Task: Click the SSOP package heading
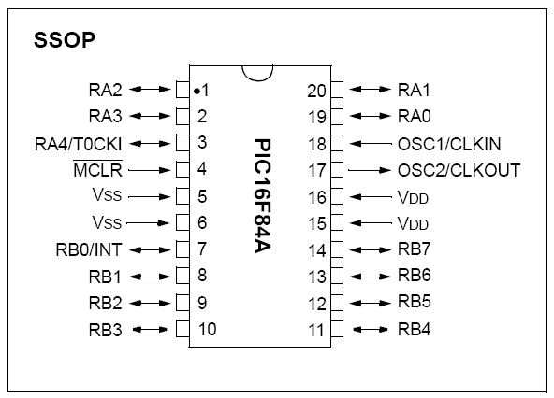tap(65, 39)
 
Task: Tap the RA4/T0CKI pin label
tap(78, 144)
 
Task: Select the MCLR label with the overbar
tap(97, 169)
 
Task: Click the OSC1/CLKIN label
tap(449, 144)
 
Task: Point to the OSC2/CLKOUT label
tap(459, 170)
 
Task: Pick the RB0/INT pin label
tap(89, 249)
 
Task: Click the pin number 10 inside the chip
tap(208, 329)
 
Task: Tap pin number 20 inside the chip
tap(316, 91)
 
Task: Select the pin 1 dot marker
tap(197, 92)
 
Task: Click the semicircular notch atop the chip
tap(257, 78)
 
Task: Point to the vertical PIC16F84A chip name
tap(263, 196)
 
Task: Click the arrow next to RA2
tap(150, 90)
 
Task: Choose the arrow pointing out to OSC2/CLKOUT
tap(370, 170)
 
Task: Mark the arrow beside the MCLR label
tap(150, 170)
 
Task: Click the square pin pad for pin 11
tap(337, 329)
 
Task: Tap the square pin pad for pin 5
tap(182, 196)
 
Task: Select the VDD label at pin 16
tap(413, 197)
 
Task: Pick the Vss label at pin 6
tap(107, 222)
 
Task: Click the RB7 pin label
tap(414, 249)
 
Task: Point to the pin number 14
tap(317, 250)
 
